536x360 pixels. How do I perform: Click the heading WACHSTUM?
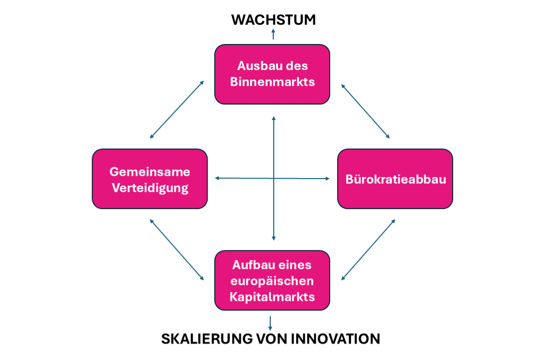click(x=273, y=19)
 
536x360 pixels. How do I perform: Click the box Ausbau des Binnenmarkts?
click(x=272, y=74)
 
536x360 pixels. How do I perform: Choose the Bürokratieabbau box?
click(x=395, y=178)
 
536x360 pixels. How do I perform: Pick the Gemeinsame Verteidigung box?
click(x=150, y=178)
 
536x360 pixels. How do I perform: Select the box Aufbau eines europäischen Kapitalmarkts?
click(x=272, y=280)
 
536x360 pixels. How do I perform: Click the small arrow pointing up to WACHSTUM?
click(x=273, y=34)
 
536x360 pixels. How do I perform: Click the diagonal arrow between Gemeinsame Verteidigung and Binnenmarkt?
click(x=177, y=109)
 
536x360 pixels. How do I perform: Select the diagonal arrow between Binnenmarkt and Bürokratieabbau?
click(x=365, y=111)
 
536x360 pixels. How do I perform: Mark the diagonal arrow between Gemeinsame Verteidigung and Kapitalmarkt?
click(x=177, y=249)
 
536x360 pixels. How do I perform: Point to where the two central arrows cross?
click(x=273, y=178)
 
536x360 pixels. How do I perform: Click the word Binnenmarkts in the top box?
click(x=272, y=81)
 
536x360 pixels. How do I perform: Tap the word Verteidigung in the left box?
click(x=150, y=187)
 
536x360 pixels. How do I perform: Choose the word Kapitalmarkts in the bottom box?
click(x=272, y=296)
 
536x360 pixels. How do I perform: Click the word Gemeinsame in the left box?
click(x=150, y=171)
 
